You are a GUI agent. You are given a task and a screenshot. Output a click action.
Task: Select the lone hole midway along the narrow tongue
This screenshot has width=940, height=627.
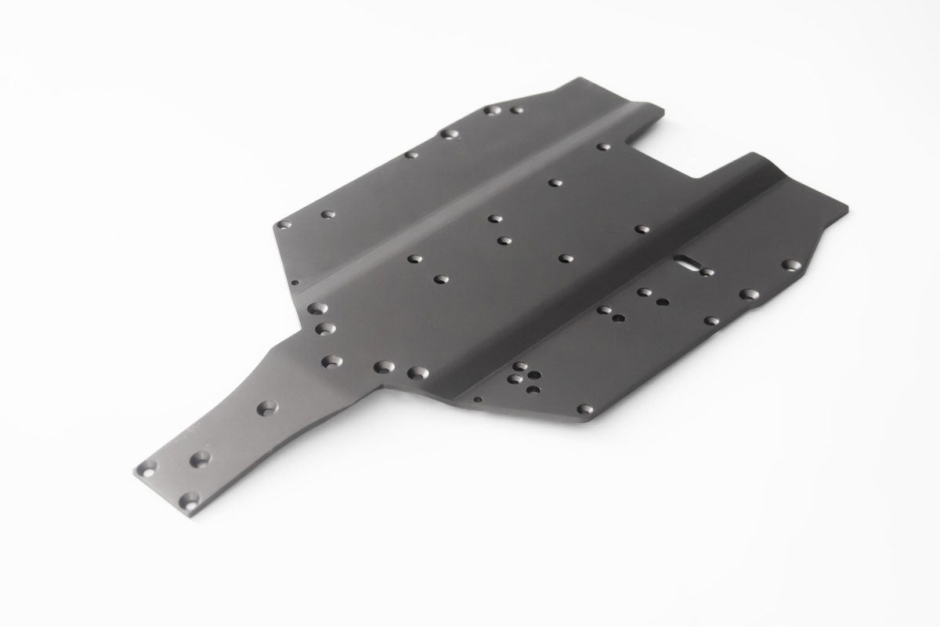point(269,408)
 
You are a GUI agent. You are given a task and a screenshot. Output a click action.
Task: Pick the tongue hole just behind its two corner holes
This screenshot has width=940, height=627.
point(203,456)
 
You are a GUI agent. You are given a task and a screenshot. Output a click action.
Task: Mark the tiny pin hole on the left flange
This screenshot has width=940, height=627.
point(295,282)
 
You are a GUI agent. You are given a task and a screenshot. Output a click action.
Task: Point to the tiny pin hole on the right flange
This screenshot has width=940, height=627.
point(478,398)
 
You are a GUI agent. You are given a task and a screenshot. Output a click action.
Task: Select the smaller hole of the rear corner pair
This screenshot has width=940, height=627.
point(516,111)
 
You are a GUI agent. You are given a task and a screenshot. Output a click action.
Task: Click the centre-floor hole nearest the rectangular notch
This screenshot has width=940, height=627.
point(603,147)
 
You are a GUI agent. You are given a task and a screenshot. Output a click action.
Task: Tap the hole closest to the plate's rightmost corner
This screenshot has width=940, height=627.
point(792,265)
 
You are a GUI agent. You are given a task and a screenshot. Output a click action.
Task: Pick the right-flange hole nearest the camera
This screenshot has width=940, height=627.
point(584,408)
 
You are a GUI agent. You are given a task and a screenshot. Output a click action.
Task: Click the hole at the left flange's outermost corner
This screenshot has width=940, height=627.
point(284,224)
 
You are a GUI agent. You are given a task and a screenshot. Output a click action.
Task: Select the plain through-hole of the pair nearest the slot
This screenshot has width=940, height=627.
point(662,300)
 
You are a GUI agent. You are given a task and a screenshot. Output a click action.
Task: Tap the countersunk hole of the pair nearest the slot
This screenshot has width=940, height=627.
point(643,292)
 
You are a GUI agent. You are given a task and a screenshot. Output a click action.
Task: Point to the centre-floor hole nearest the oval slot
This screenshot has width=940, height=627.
point(642,230)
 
